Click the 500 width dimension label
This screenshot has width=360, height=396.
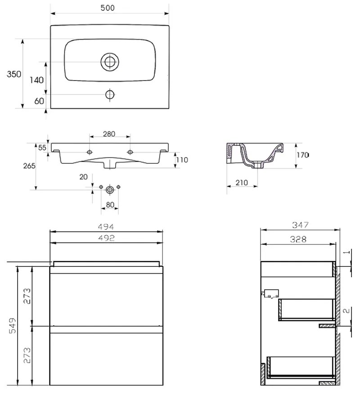point(108,8)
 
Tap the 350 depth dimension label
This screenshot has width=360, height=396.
point(14,74)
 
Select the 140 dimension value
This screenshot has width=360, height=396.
point(36,80)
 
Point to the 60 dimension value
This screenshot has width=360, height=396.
point(39,101)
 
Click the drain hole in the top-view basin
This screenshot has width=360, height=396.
point(110,62)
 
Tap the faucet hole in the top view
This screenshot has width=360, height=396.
point(110,94)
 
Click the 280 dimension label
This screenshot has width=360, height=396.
point(109,134)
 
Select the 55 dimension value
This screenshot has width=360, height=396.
point(42,148)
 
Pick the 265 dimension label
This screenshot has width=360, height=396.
point(29,166)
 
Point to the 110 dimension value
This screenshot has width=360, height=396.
point(182,160)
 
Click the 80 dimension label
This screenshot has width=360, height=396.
point(110,205)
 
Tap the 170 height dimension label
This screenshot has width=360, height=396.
point(303,155)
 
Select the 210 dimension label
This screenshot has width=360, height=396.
point(242,183)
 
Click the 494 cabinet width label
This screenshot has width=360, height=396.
point(106,227)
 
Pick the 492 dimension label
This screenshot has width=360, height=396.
point(106,238)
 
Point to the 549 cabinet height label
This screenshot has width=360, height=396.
point(13,326)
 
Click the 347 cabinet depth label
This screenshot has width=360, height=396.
point(301,225)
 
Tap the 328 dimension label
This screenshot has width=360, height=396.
point(298,239)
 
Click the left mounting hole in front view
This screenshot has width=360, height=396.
point(90,152)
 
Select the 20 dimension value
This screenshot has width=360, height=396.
point(83,177)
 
